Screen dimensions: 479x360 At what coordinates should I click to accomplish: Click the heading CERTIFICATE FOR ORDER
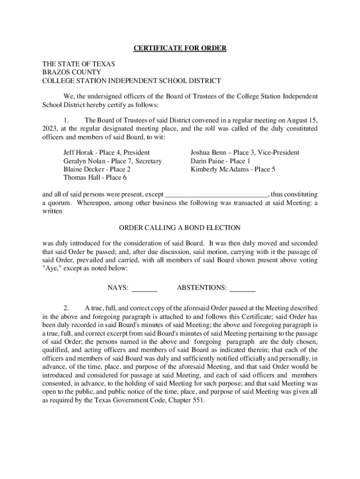(x=180, y=48)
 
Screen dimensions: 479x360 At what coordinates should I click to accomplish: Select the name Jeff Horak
(x=78, y=153)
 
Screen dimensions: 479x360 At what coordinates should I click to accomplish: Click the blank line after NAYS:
(x=144, y=288)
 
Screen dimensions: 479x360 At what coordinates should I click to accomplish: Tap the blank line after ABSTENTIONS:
(x=243, y=288)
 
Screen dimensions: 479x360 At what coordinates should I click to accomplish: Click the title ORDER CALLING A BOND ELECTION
(x=180, y=228)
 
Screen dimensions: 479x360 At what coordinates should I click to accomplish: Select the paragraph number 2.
(x=66, y=308)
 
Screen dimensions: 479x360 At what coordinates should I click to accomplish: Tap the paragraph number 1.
(x=66, y=120)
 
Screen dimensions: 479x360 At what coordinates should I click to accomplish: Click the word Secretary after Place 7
(x=146, y=161)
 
